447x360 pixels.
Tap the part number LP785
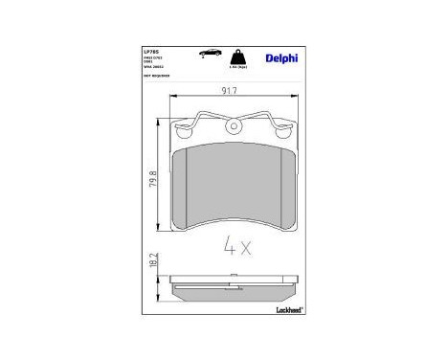(151, 51)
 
